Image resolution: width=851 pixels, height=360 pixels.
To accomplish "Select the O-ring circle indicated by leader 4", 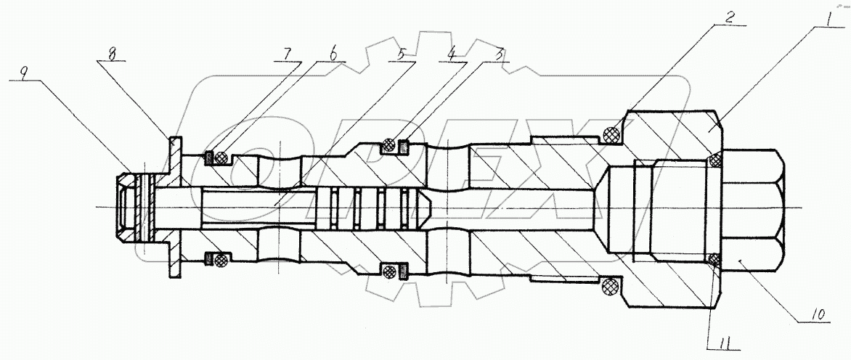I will point(390,147).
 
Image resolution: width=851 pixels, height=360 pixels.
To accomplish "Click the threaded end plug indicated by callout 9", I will point(130,207).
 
